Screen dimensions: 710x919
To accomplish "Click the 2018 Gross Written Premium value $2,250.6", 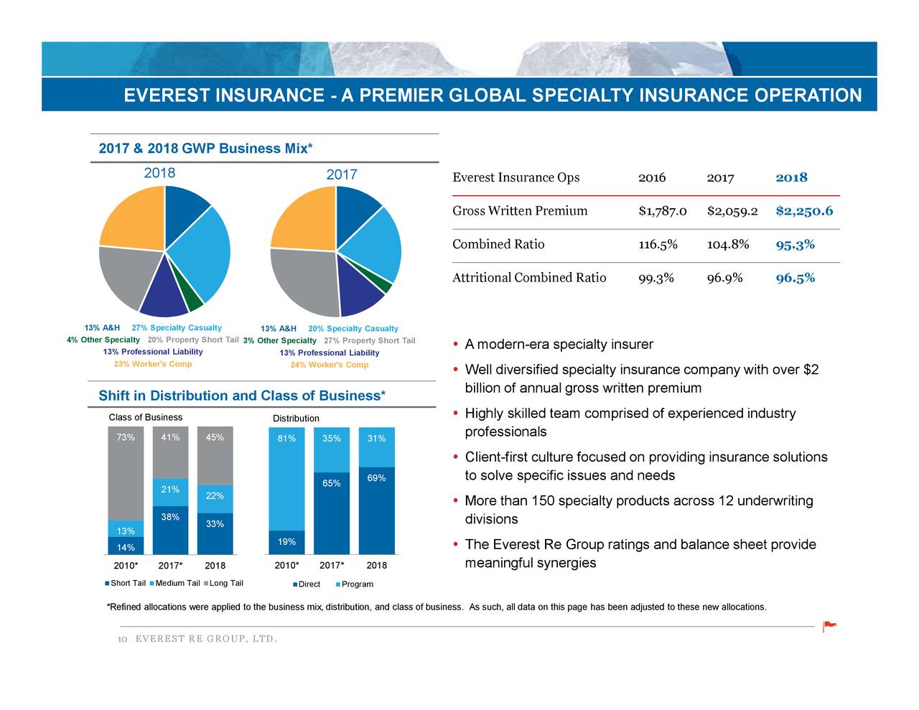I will (x=804, y=211).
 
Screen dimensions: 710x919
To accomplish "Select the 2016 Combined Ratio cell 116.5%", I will (x=658, y=245).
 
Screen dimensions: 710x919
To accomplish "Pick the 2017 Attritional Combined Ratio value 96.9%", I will (x=724, y=279).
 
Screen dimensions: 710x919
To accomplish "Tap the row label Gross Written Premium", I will (x=520, y=211).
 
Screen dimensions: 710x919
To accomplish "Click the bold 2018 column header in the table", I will (x=791, y=178).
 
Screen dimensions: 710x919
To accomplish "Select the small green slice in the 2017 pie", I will (x=386, y=285).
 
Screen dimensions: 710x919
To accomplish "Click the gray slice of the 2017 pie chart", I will (x=302, y=280).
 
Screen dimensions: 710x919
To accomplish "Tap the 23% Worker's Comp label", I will (x=152, y=364).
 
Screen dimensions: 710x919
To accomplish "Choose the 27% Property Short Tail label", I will (x=369, y=340).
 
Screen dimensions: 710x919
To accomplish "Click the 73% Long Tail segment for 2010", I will (x=126, y=474).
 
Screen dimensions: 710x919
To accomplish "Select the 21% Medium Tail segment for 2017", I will (x=170, y=491).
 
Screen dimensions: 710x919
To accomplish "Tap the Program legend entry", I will (x=355, y=584).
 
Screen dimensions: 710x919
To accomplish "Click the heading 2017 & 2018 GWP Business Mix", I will (x=205, y=149).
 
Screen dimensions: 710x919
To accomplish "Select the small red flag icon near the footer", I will (x=829, y=626).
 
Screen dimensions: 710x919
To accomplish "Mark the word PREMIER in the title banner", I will (x=392, y=95).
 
